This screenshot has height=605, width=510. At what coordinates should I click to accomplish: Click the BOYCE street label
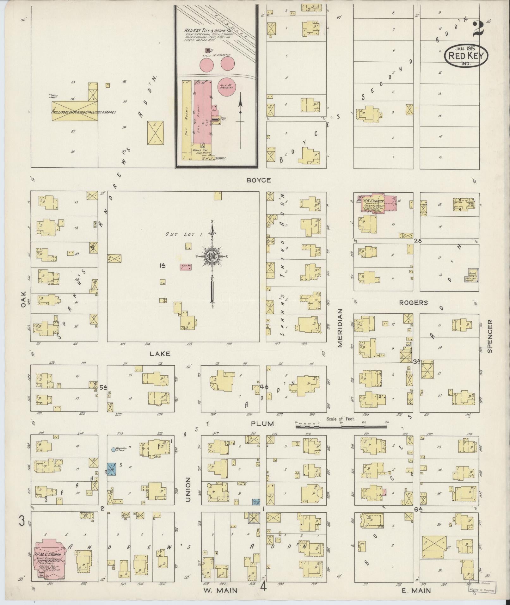(259, 180)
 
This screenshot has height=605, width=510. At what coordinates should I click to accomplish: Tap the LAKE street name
(160, 354)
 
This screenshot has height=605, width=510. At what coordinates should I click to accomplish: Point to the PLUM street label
(262, 423)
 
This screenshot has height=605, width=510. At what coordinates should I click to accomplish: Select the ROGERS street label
(413, 303)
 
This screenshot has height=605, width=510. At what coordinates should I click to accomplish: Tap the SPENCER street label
(490, 336)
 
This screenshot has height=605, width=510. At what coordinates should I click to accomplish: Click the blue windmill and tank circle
(113, 449)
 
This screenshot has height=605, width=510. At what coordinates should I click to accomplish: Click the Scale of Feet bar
(341, 427)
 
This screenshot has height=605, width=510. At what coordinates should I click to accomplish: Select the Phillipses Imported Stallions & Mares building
(75, 111)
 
